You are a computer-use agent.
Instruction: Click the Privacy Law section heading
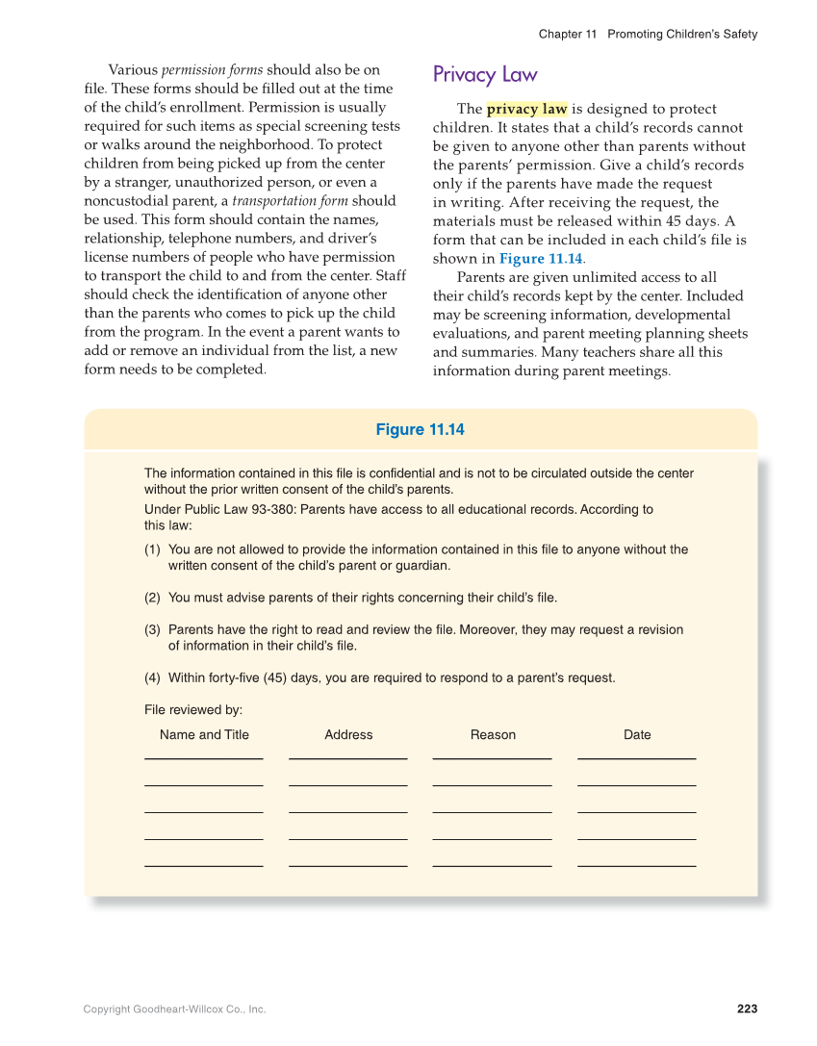(x=485, y=75)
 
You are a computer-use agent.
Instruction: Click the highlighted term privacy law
(x=527, y=110)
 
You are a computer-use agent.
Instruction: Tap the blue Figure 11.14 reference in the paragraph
(x=541, y=259)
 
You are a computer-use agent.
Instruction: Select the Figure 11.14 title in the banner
(x=420, y=430)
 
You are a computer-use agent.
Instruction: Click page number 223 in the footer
(x=747, y=1008)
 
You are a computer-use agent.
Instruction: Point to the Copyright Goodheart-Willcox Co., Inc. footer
(x=174, y=1009)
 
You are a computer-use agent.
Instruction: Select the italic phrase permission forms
(x=212, y=70)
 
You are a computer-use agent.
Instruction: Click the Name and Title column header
(x=204, y=734)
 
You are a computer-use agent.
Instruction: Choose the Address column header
(x=348, y=734)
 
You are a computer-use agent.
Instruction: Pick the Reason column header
(x=493, y=734)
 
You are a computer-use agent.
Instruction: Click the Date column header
(x=637, y=734)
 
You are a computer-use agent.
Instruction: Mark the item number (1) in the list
(x=152, y=549)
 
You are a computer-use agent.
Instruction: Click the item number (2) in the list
(x=152, y=598)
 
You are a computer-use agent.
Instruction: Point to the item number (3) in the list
(x=152, y=629)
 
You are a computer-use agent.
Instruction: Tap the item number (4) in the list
(x=152, y=677)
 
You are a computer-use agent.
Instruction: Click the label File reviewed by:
(x=192, y=709)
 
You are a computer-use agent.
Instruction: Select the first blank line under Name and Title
(x=203, y=758)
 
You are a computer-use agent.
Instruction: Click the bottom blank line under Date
(x=636, y=865)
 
